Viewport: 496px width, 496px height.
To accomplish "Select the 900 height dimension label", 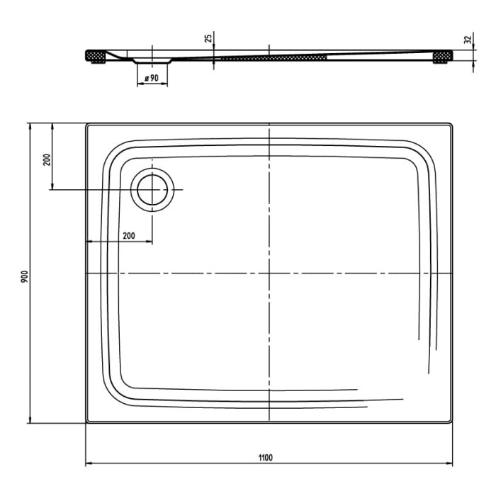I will click(x=23, y=276).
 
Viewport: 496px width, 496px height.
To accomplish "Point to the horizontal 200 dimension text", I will click(x=128, y=235).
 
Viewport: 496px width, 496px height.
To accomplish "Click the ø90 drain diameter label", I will click(x=152, y=77).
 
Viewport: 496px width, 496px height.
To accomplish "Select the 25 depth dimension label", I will click(x=208, y=38).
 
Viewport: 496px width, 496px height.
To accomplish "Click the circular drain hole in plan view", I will click(x=152, y=190).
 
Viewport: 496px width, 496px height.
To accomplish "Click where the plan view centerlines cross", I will click(x=269, y=274).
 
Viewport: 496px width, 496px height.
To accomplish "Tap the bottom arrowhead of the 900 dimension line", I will click(x=30, y=419).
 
